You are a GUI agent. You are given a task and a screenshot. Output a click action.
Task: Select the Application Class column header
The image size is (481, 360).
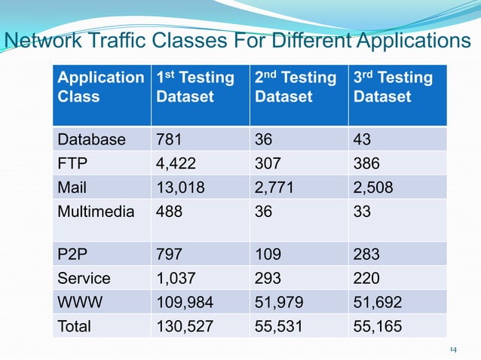tap(100, 87)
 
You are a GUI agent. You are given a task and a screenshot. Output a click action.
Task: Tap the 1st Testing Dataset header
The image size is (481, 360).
tap(195, 87)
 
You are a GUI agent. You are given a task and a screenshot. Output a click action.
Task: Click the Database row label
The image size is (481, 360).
tap(91, 139)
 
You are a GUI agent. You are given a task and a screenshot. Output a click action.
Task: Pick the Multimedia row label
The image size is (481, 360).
tap(96, 212)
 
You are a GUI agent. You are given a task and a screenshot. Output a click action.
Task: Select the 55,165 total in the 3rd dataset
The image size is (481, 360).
tap(378, 326)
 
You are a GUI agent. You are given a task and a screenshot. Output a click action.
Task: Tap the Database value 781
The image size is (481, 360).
tap(168, 139)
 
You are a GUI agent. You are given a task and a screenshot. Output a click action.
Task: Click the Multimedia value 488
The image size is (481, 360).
tap(168, 212)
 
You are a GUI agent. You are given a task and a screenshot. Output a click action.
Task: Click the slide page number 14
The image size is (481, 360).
tap(453, 349)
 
